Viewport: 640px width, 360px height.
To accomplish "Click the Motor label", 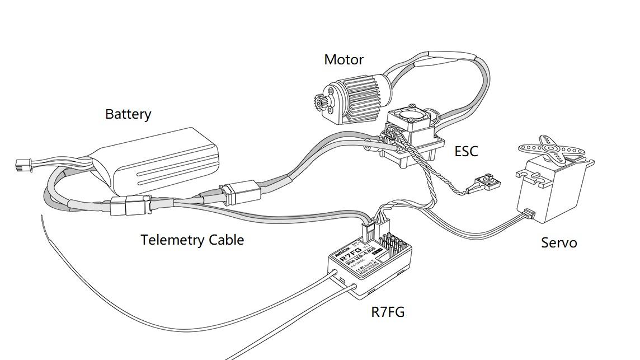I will (343, 59).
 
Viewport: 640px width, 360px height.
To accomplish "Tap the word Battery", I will (128, 114).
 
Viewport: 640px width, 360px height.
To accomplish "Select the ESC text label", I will (466, 151).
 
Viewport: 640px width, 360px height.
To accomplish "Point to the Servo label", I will (559, 243).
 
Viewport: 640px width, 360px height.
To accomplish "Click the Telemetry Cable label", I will (192, 240).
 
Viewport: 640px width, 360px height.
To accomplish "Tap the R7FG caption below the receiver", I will (388, 312).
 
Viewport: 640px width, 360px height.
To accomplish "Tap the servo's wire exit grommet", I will (529, 214).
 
